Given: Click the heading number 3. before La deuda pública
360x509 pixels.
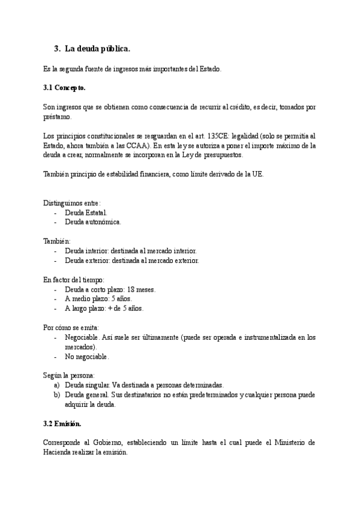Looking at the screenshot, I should coord(58,49).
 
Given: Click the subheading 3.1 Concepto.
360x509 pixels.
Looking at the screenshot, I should coord(65,88).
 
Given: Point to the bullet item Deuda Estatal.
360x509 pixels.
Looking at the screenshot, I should coord(86,212).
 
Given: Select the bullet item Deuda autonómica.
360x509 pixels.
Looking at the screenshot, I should coord(93,222).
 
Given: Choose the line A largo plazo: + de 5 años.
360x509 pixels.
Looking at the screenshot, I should coord(104,309).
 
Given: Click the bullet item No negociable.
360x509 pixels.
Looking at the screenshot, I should coord(87,357).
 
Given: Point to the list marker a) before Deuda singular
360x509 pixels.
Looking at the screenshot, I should coord(57,385).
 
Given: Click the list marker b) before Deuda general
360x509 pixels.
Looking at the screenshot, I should coord(57,395).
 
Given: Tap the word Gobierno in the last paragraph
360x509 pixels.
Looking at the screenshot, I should coord(108,443).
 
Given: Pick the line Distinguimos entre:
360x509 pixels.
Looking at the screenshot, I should coord(72,203).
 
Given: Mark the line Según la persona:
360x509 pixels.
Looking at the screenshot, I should coord(70,376).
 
